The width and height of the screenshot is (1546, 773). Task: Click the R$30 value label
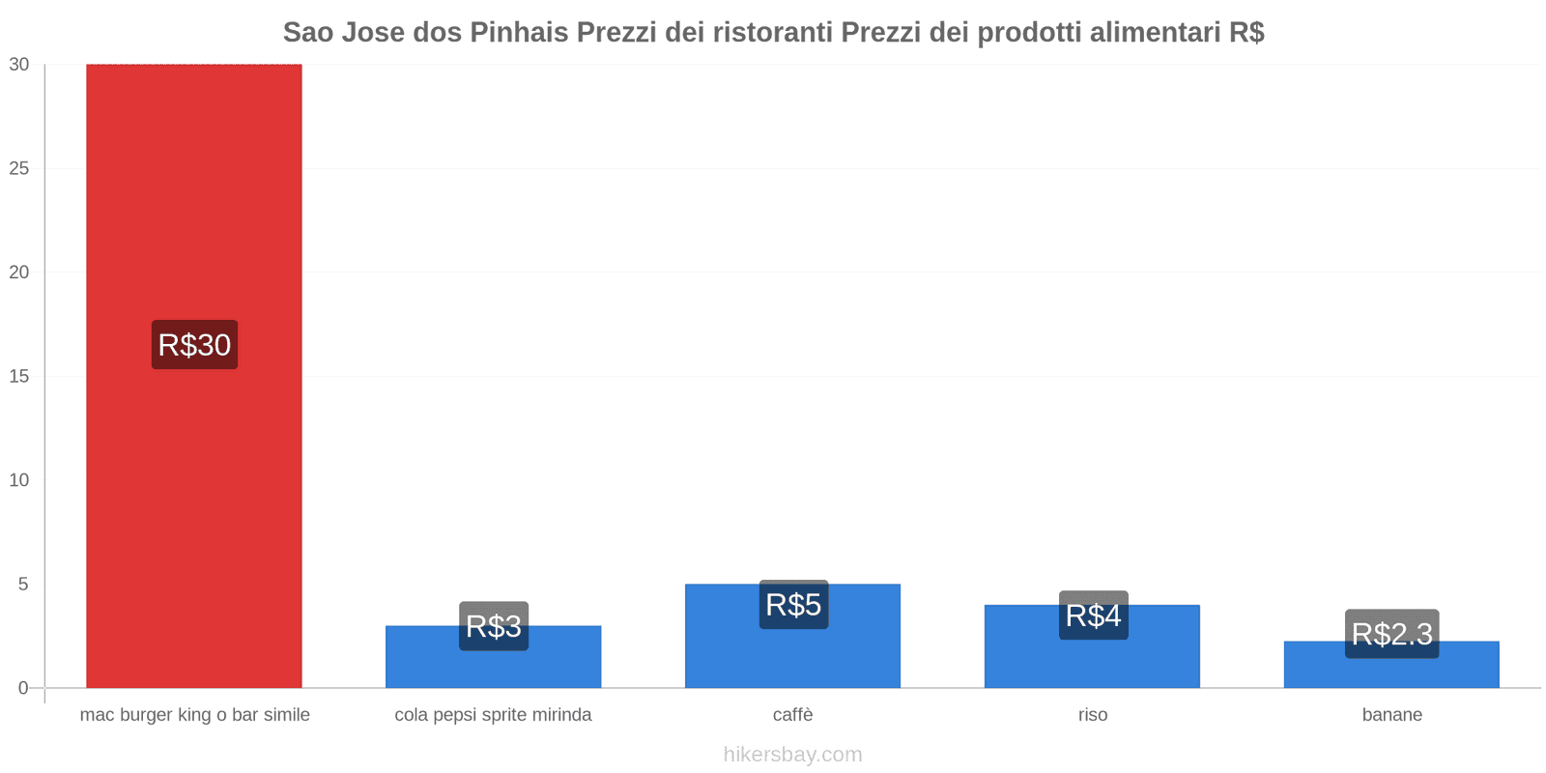coord(194,345)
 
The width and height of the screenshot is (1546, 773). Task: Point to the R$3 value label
coord(494,626)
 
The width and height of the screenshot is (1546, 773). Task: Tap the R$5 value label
coord(793,605)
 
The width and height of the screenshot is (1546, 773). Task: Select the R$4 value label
coord(1093,616)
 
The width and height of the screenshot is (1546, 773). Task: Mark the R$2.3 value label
coord(1391,634)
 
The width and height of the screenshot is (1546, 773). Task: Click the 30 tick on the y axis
coord(19,65)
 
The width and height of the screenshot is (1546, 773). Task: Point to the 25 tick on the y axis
coord(19,169)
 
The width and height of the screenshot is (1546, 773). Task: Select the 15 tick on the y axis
coord(19,377)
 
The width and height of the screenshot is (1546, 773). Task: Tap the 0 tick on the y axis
coord(23,688)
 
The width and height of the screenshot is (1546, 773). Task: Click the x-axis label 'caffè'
coord(792,715)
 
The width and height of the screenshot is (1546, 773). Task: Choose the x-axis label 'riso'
coord(1093,715)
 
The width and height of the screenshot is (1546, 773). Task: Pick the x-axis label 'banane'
coord(1391,715)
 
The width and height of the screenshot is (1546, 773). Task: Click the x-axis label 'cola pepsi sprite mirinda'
coord(493,715)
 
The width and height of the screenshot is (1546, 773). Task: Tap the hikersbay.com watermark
coord(792,755)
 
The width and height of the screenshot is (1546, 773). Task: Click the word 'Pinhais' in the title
coord(520,33)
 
